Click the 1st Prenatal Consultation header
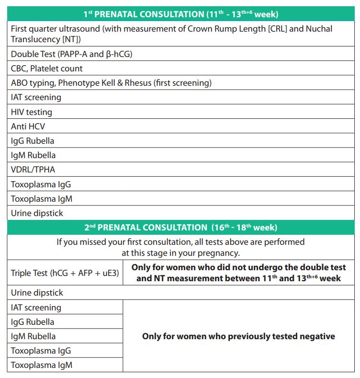[180, 14]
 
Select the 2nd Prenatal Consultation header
[180, 228]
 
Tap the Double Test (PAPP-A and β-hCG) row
[72, 54]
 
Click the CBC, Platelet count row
[47, 69]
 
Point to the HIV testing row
[32, 112]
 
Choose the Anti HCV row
[28, 126]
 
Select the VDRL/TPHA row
[33, 170]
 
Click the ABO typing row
[111, 83]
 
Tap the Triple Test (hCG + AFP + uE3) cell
[65, 273]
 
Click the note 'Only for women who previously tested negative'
[238, 336]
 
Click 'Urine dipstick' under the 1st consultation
[37, 213]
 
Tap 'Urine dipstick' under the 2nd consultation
[37, 293]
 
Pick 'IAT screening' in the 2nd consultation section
[36, 308]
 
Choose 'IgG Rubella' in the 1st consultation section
[33, 141]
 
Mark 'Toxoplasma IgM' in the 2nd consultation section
[41, 365]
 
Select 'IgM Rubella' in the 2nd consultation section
[33, 336]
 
